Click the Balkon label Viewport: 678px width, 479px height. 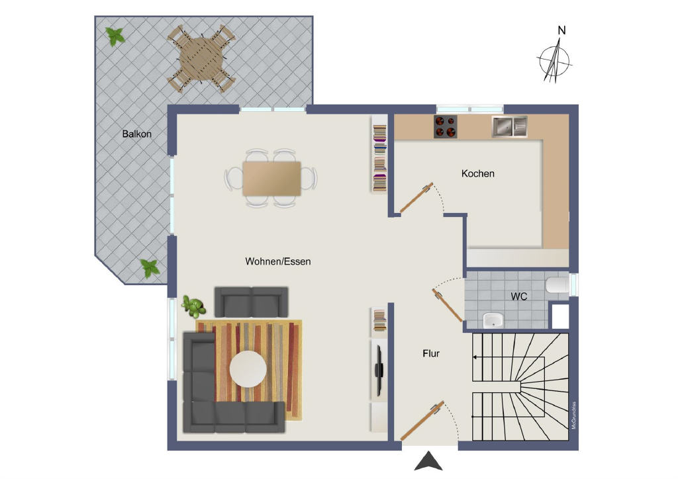[x=136, y=134]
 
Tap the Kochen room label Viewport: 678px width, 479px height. [x=478, y=173]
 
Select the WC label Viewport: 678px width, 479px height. [x=519, y=296]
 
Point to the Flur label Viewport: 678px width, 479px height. [x=430, y=353]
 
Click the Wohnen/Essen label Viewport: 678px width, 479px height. [x=278, y=261]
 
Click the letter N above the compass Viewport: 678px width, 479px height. [x=561, y=30]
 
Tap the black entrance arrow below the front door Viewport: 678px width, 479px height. [x=428, y=461]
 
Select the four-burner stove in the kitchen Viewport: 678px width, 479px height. [x=446, y=126]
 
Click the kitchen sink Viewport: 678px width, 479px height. [x=509, y=126]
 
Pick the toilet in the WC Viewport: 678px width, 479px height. [x=557, y=286]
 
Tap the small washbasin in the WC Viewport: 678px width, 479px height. [x=493, y=320]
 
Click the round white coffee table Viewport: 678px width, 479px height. [x=248, y=369]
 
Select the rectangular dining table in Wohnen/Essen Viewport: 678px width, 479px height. [x=271, y=179]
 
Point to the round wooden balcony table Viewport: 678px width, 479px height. [x=201, y=58]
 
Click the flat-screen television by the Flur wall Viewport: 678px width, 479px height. [x=379, y=370]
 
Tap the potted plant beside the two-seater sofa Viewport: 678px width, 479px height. [x=193, y=306]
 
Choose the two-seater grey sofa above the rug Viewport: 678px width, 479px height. [x=251, y=302]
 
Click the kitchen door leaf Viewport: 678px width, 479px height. [x=416, y=198]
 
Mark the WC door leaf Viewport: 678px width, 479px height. [x=448, y=305]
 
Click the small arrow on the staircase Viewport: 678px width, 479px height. [x=475, y=357]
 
